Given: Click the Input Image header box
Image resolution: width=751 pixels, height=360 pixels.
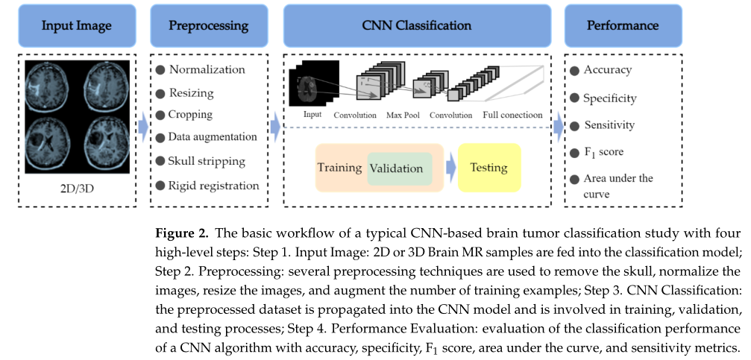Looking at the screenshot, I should click(76, 25).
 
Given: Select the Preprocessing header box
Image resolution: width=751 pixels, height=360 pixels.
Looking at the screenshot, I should click(209, 25).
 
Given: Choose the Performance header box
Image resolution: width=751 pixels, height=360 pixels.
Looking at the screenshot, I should click(623, 25).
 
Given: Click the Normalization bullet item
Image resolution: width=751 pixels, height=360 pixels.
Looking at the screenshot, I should click(207, 70).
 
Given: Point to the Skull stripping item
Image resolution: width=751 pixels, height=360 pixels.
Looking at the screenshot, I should click(207, 161).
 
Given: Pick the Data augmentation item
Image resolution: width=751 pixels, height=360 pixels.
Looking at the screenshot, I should click(213, 137).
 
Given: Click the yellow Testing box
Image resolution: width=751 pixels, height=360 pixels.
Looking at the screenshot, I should click(488, 168).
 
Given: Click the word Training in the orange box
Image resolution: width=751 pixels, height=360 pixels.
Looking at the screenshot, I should click(340, 168).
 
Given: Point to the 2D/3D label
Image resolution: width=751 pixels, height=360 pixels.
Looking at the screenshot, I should click(77, 186).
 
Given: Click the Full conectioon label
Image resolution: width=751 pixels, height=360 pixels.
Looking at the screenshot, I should click(512, 116).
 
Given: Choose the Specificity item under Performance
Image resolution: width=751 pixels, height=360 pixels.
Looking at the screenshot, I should click(609, 98).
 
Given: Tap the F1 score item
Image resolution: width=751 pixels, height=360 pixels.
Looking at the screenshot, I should click(603, 152).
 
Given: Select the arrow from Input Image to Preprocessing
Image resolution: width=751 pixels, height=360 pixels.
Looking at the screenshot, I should click(142, 128).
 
